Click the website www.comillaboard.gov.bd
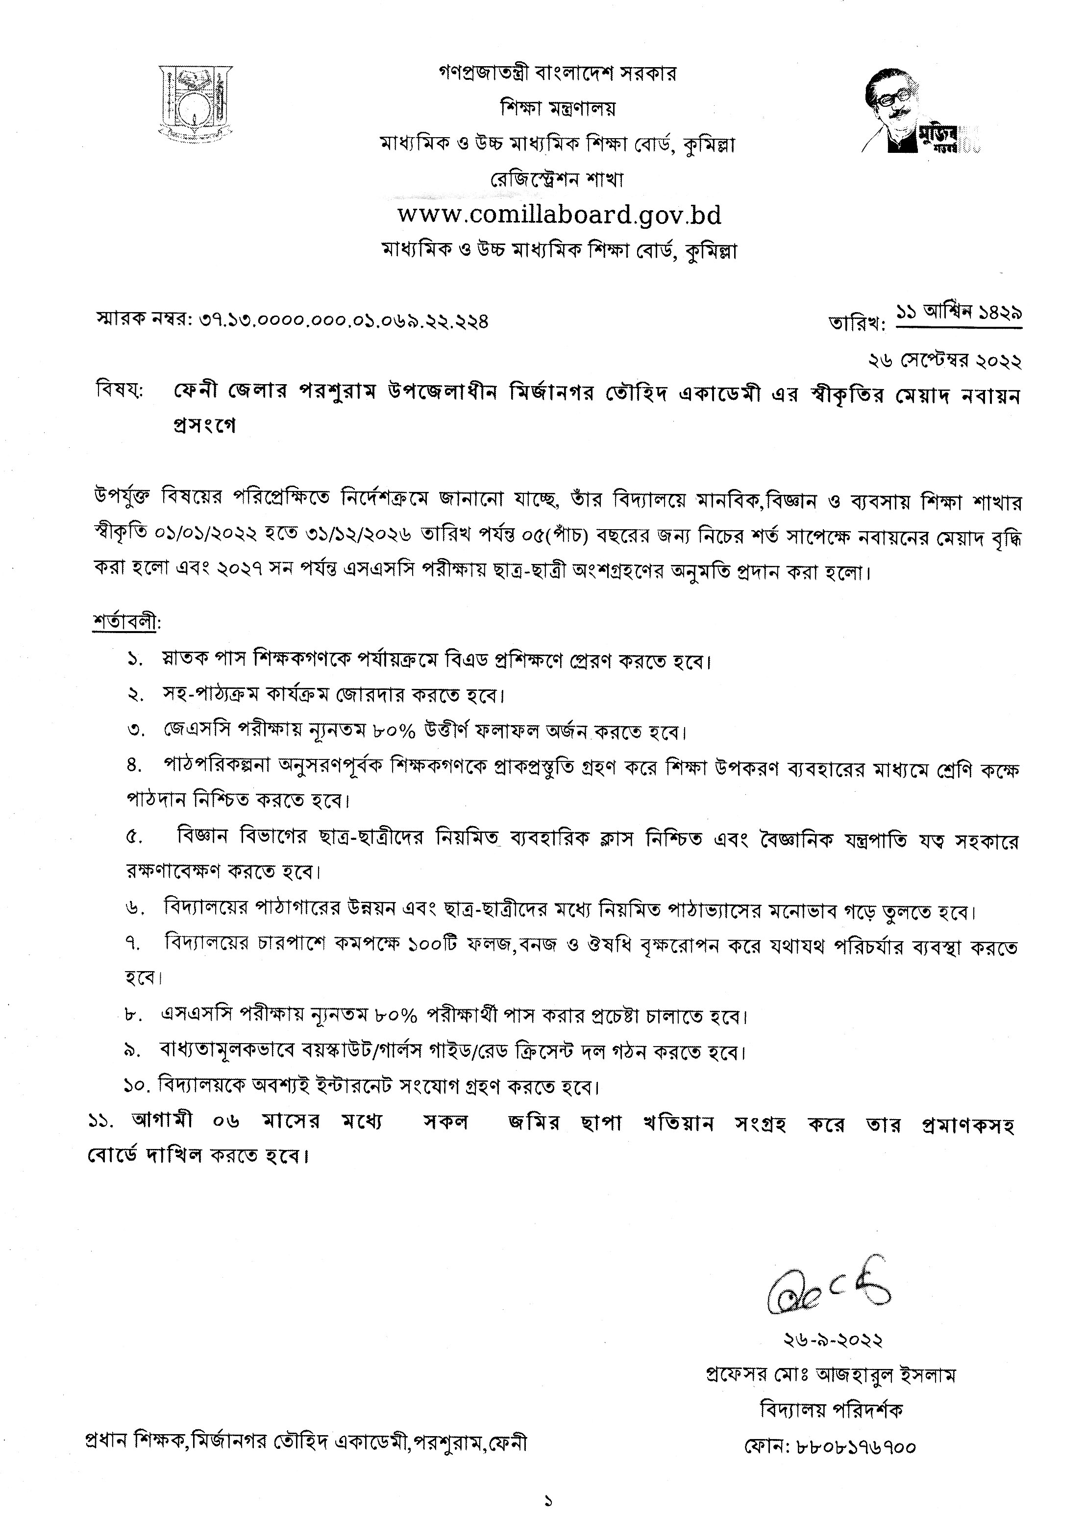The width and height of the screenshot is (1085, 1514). click(559, 215)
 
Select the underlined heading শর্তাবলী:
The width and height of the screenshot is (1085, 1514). click(126, 622)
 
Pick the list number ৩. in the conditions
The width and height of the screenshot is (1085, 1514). click(136, 731)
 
